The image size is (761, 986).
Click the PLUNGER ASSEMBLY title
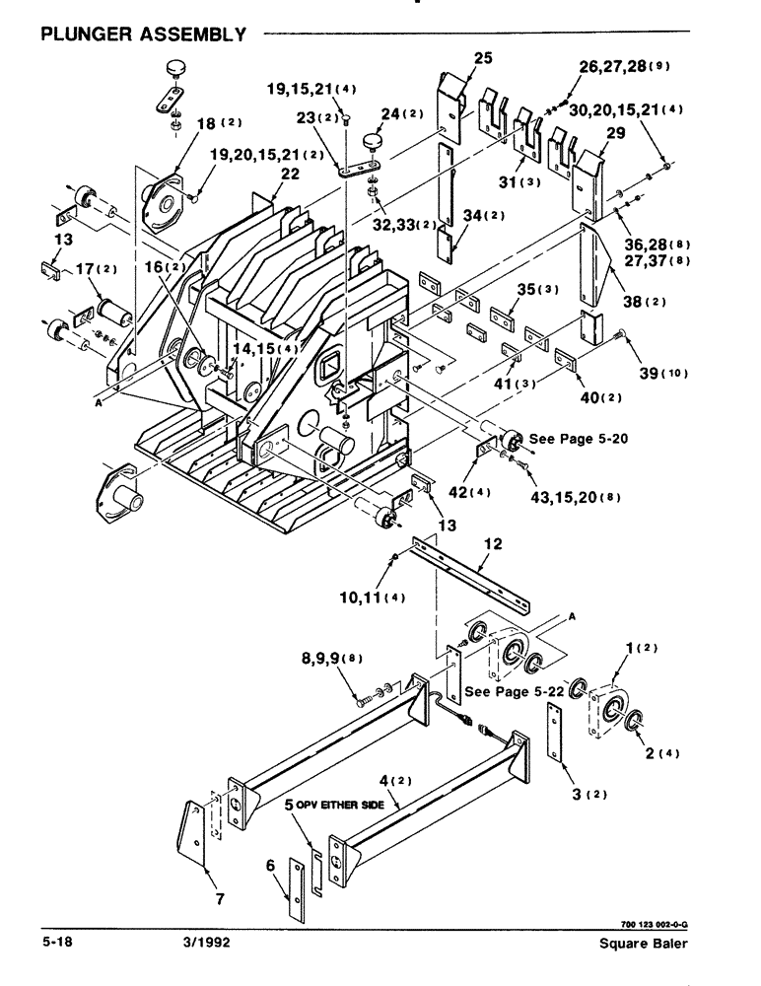tap(143, 35)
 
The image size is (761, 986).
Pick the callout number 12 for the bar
tap(492, 542)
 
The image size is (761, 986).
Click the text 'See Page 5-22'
tap(513, 692)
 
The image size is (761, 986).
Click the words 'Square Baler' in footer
tap(644, 944)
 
